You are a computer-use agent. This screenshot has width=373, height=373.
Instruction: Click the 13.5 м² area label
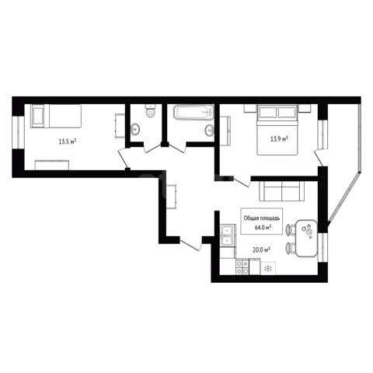68,141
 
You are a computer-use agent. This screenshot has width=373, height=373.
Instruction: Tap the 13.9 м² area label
279,139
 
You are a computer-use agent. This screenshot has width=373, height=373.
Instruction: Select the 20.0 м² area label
262,249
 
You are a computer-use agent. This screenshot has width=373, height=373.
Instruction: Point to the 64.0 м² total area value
263,228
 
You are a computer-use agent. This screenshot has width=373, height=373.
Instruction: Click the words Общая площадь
262,218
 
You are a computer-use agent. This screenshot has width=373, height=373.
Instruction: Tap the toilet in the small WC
150,110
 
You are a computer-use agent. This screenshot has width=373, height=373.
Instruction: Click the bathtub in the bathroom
193,112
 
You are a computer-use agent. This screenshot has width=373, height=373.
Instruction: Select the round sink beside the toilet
135,129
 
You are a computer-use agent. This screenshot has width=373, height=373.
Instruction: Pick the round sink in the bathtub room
209,131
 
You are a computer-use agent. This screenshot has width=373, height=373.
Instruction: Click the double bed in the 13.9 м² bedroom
277,130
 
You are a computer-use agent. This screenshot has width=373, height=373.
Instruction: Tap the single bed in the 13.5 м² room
56,116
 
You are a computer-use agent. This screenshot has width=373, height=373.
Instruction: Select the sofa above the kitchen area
282,191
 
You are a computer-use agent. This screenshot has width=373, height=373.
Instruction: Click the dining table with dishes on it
306,239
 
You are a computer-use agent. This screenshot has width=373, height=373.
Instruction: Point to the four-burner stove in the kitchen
242,267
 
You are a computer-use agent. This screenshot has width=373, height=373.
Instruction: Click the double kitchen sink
227,235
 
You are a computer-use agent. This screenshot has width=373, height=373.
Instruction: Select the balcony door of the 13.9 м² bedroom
319,159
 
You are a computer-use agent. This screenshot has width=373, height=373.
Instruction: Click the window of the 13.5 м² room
19,132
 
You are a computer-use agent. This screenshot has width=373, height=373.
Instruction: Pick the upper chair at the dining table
291,230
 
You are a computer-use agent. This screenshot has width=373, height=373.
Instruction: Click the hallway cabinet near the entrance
171,197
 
